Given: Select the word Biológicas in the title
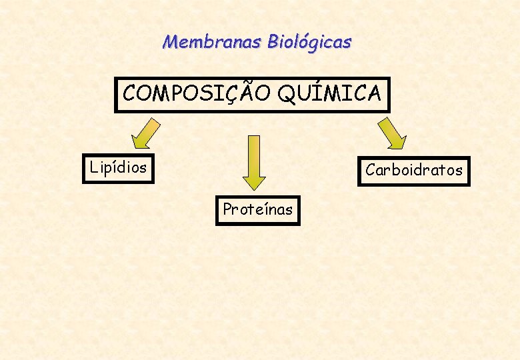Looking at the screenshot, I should (309, 43).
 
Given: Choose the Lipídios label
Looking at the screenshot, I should (118, 167).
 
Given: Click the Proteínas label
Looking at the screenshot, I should (257, 209).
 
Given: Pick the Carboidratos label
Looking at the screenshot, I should (413, 170).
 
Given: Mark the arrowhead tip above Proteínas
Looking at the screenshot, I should (254, 188).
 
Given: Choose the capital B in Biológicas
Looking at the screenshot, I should (274, 43).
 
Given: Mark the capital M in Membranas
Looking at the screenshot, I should (171, 42).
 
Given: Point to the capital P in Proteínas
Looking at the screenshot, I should (227, 209).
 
